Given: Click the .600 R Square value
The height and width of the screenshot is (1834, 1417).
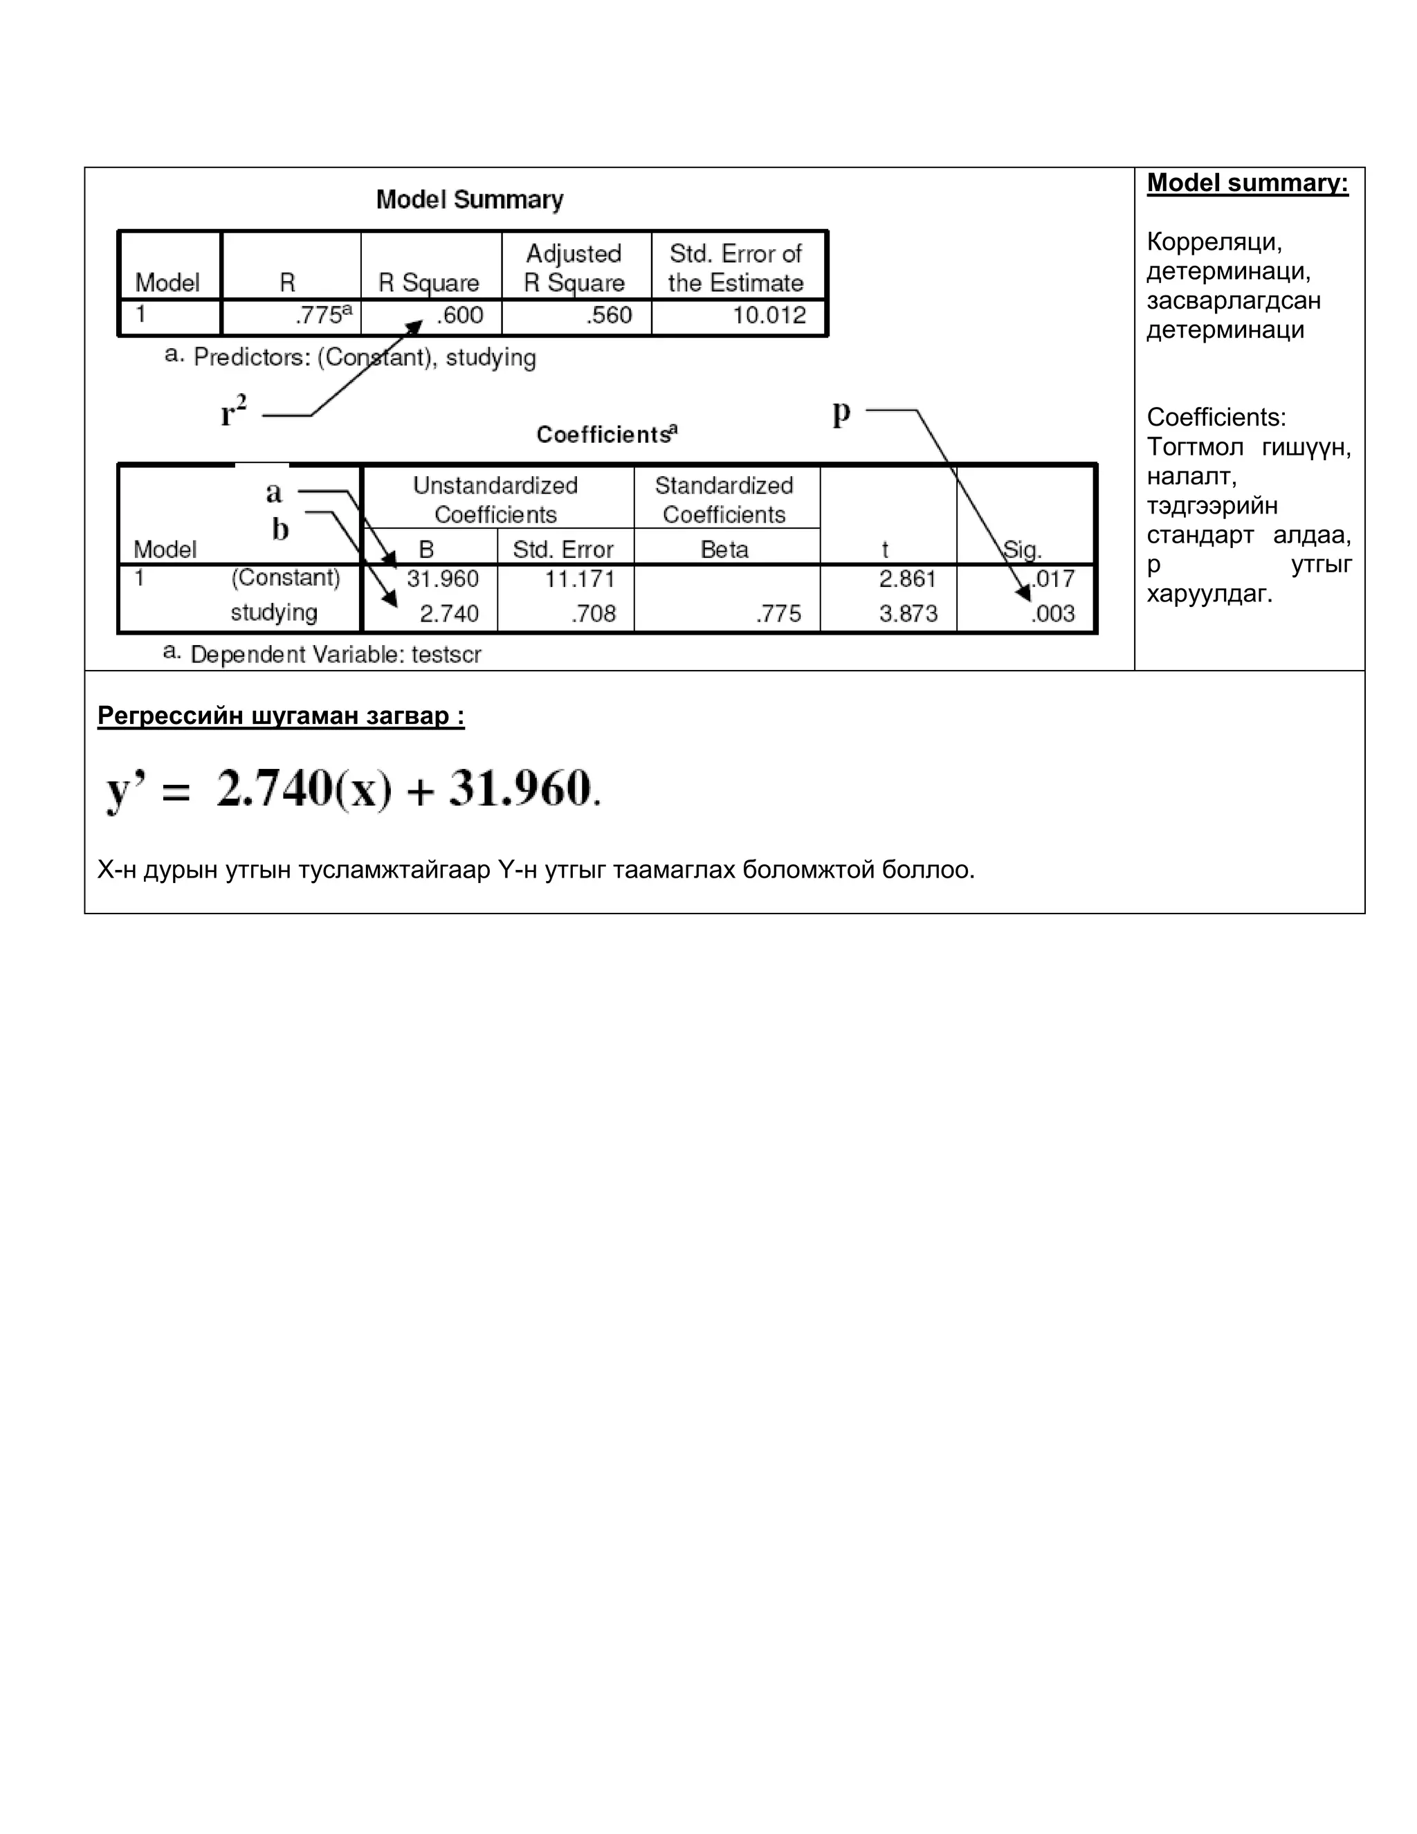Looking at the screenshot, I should [460, 316].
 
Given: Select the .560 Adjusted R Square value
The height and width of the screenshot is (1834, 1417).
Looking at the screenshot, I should [609, 316].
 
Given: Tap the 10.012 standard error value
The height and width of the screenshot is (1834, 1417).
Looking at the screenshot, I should [769, 316].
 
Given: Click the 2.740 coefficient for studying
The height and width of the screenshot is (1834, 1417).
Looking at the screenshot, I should [449, 614].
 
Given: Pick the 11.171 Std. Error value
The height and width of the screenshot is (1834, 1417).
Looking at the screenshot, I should [580, 579].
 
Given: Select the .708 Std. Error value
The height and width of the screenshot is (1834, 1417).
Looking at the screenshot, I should [594, 614].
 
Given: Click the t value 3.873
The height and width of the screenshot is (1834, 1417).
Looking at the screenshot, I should [908, 614].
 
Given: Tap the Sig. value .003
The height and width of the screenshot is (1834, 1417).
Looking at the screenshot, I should [1054, 614].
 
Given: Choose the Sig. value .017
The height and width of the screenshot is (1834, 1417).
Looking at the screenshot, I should [1054, 579].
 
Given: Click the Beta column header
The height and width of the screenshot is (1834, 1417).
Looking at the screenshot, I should [724, 550].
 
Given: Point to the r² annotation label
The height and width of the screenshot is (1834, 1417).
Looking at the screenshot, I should [233, 412].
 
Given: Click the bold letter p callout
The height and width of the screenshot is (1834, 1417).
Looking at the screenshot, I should [841, 412].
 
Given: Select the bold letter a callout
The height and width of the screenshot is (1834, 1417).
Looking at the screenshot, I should [274, 492].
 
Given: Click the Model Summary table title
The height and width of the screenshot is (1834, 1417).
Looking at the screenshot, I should [469, 200].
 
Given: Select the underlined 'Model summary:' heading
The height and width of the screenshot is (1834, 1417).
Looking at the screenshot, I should [1247, 183].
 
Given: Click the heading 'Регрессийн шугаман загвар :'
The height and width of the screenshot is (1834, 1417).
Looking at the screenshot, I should [280, 716].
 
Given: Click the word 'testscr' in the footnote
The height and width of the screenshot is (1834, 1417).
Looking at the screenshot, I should [446, 655].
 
